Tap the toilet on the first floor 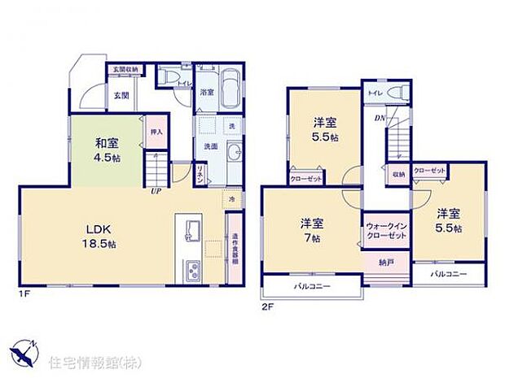pyautogui.click(x=167, y=76)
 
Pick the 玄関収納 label pyautogui.click(x=123, y=70)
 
